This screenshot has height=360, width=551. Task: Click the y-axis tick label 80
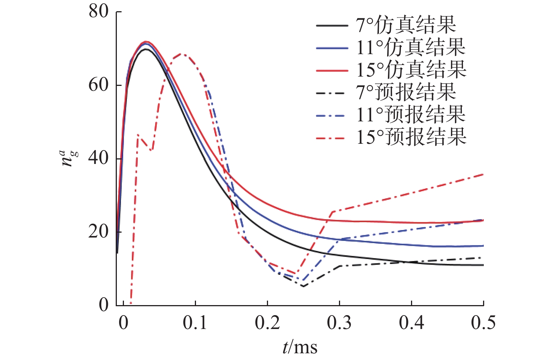pyautogui.click(x=99, y=12)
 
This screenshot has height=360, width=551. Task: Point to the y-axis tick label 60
pyautogui.click(x=99, y=85)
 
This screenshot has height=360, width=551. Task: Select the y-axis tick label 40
pyautogui.click(x=99, y=158)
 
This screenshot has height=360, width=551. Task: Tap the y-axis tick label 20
pyautogui.click(x=99, y=232)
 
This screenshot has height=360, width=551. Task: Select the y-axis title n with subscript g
pyautogui.click(x=69, y=158)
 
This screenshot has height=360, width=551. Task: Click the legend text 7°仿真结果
pyautogui.click(x=406, y=25)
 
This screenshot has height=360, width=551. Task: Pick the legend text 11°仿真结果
pyautogui.click(x=411, y=47)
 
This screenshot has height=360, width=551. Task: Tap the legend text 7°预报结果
pyautogui.click(x=406, y=92)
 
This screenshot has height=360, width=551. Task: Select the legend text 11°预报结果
pyautogui.click(x=411, y=115)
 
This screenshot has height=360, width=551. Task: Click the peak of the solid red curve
pyautogui.click(x=146, y=42)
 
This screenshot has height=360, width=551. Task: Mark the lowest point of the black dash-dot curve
pyautogui.click(x=303, y=286)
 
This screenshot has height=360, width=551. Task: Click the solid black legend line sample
pyautogui.click(x=332, y=26)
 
